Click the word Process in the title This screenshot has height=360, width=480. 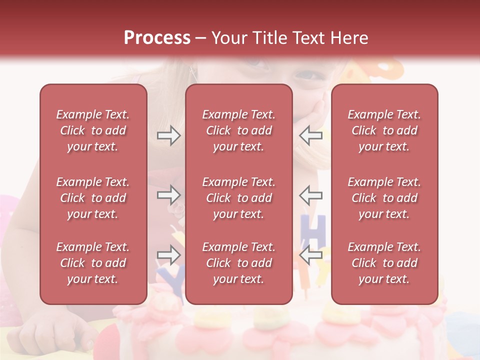point(157,38)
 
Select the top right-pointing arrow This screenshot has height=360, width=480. point(168,135)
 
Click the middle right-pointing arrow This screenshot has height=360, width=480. point(168,195)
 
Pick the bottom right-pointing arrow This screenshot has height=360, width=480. point(168,255)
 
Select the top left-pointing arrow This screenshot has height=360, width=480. point(310,135)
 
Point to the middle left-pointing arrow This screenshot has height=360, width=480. point(310,195)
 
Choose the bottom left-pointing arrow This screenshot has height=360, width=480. point(310,255)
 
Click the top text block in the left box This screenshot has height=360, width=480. point(93,130)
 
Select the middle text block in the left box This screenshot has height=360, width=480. point(93,198)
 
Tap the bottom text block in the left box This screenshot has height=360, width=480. point(93,263)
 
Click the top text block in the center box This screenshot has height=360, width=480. point(239,130)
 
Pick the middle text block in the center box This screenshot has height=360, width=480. point(239,198)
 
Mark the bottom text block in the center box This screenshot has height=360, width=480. point(239,263)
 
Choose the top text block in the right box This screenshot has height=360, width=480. point(384,130)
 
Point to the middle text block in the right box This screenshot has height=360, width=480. point(384,198)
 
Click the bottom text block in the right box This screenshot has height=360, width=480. point(384,263)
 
